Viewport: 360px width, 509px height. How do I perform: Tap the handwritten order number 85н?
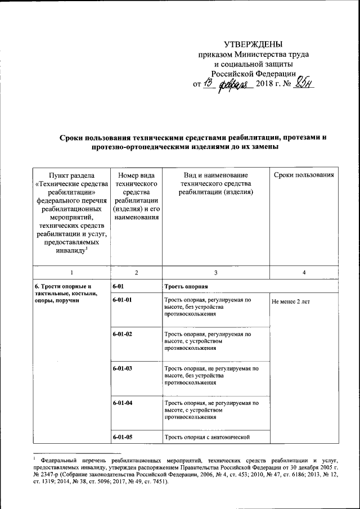pyautogui.click(x=299, y=83)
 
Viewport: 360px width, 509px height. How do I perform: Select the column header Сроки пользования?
pyautogui.click(x=304, y=175)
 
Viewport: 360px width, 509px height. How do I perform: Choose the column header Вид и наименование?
pyautogui.click(x=216, y=183)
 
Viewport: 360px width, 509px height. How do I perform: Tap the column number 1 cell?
pyautogui.click(x=70, y=273)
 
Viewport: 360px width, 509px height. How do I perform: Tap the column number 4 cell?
pyautogui.click(x=304, y=273)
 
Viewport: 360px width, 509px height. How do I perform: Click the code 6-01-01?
pyautogui.click(x=122, y=301)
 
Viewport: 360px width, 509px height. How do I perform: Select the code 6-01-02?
pyautogui.click(x=122, y=335)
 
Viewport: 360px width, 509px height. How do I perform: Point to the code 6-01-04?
pyautogui.click(x=122, y=403)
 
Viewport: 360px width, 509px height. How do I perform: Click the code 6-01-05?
pyautogui.click(x=122, y=437)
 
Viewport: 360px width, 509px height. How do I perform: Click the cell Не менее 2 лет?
pyautogui.click(x=290, y=301)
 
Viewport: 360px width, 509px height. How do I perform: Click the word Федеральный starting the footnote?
pyautogui.click(x=61, y=460)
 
